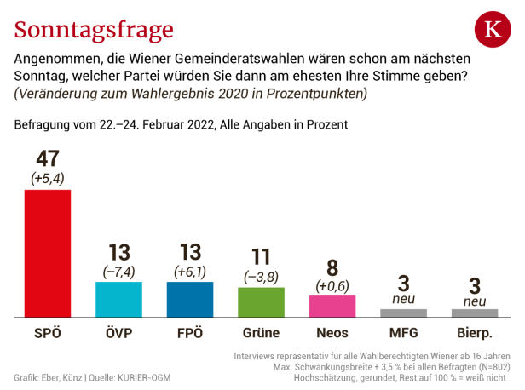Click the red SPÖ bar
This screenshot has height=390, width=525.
(x=48, y=253)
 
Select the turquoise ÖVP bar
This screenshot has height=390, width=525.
(x=118, y=299)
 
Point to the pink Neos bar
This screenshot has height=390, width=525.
(x=332, y=307)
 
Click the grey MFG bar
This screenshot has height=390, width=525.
(x=403, y=313)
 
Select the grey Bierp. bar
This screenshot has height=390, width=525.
(x=475, y=313)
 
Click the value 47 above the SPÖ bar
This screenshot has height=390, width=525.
(x=48, y=159)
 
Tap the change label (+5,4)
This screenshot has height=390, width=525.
(x=48, y=179)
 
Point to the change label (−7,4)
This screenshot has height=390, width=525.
(x=118, y=271)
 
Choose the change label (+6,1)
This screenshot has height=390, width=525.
(x=189, y=271)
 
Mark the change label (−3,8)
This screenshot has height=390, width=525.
(x=261, y=277)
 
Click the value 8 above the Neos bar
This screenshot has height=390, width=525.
(x=332, y=267)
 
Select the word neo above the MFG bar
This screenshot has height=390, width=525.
(x=403, y=300)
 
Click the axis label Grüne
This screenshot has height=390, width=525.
(x=261, y=333)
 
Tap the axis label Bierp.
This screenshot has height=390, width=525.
(x=475, y=333)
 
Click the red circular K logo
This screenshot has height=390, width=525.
(x=493, y=31)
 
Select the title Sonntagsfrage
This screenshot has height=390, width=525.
(x=94, y=30)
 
